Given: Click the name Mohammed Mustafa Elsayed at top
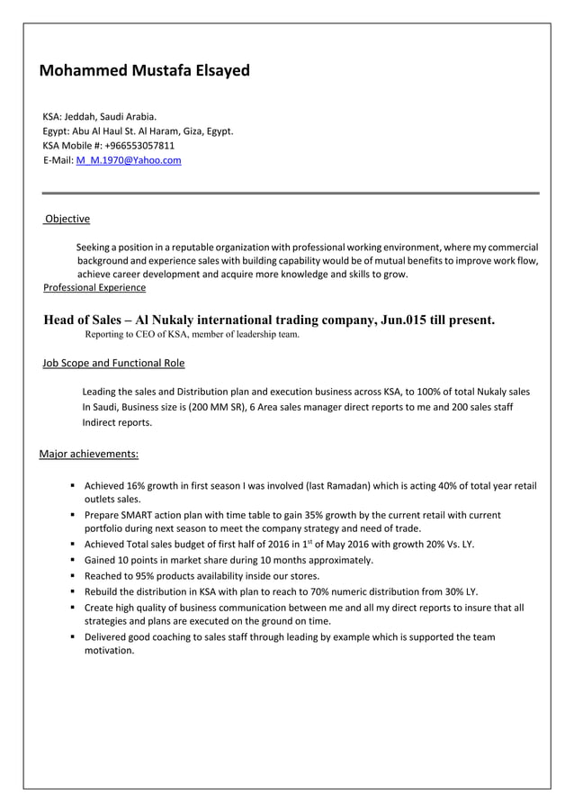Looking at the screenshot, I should pyautogui.click(x=145, y=70).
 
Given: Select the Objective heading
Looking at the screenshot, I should pyautogui.click(x=67, y=219).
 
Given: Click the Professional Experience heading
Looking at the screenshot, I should pyautogui.click(x=94, y=287).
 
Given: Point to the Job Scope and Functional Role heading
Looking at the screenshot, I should pyautogui.click(x=113, y=363).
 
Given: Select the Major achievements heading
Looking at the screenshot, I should pyautogui.click(x=89, y=454).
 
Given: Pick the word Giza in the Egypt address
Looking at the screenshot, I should pyautogui.click(x=188, y=131).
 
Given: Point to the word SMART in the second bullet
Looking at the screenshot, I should pyautogui.click(x=143, y=515).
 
